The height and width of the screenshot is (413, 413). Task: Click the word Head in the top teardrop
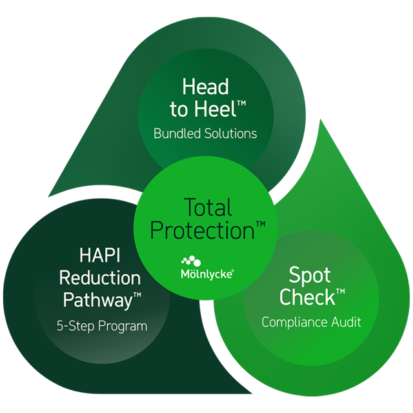pos(205,86)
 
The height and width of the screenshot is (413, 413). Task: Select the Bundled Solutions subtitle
pos(205,134)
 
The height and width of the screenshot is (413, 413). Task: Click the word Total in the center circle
pos(208,207)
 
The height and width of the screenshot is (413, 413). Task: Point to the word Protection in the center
pos(202,230)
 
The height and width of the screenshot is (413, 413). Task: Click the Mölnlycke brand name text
pos(206,274)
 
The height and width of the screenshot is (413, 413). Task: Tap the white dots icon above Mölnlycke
pos(191,261)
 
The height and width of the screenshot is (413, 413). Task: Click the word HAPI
pos(100,255)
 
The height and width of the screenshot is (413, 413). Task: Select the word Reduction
pos(100,278)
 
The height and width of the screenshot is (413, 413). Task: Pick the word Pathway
pos(97,300)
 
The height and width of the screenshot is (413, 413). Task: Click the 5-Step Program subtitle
pos(102,326)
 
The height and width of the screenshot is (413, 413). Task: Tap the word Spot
pos(310,276)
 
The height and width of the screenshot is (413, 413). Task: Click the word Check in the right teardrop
pos(307,297)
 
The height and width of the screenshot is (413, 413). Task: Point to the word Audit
pos(346,322)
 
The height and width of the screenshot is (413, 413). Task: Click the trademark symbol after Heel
pos(241,103)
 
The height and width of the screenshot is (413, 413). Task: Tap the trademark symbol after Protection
pos(261,224)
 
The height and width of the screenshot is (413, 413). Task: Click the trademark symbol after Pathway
pos(137,295)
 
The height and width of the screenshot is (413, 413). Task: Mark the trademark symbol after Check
pos(341,291)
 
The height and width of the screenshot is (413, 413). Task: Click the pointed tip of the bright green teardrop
pos(320,119)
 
